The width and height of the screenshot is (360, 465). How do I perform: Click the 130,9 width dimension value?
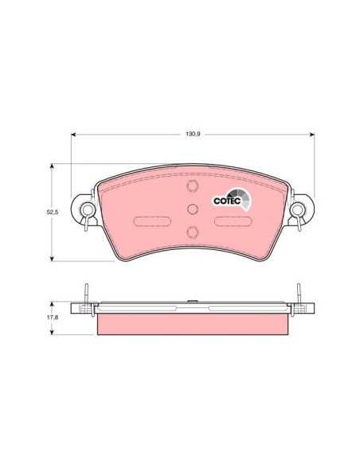click(x=193, y=134)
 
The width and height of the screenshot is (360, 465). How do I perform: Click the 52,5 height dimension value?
click(x=53, y=212)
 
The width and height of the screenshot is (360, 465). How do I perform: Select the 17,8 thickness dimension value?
click(x=53, y=318)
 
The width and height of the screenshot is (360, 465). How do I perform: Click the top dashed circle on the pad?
click(x=193, y=186)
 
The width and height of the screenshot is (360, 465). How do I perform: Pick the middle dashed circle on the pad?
click(x=193, y=209)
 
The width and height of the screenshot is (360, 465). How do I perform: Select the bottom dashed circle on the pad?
click(x=193, y=232)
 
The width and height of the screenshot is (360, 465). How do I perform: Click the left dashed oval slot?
click(x=152, y=221)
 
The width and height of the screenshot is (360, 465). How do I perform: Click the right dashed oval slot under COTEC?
click(x=233, y=221)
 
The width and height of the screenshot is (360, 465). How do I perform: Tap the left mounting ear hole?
click(x=87, y=209)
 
